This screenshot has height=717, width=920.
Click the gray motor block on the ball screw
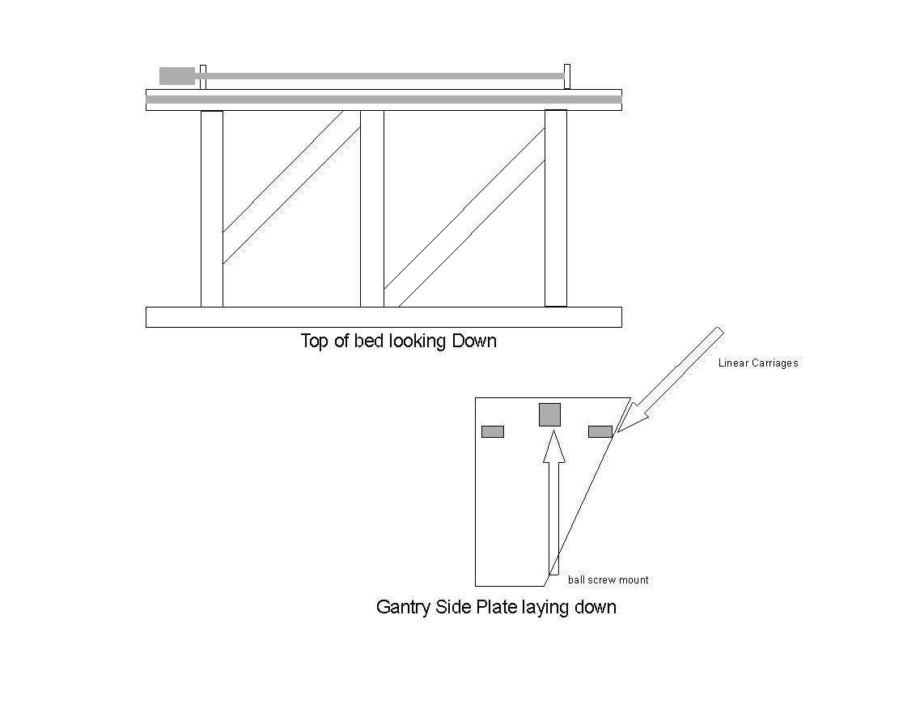[176, 75]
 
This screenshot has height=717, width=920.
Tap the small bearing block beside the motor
[203, 76]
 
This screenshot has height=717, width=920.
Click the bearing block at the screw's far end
[567, 76]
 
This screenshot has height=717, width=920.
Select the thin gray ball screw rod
[380, 76]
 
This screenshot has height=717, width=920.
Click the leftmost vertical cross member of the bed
[212, 209]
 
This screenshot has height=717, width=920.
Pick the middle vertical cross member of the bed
[372, 209]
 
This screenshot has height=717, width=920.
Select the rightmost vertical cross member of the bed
[556, 209]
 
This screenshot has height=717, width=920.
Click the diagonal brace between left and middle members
[291, 187]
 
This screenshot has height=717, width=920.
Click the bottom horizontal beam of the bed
[384, 316]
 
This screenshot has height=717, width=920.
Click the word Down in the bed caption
[474, 341]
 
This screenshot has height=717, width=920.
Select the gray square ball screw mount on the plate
[550, 414]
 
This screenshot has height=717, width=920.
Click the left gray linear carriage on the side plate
[493, 431]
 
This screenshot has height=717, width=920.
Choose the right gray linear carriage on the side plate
[600, 431]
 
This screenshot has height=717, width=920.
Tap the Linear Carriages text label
[758, 363]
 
